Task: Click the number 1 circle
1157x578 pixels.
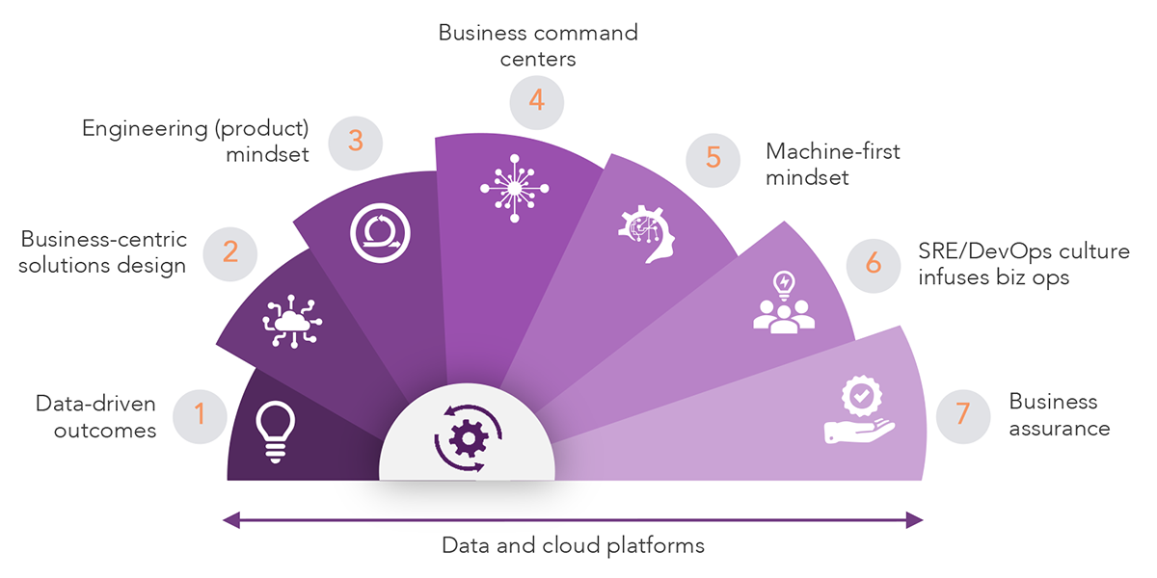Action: pyautogui.click(x=200, y=415)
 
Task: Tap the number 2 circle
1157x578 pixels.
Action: pyautogui.click(x=230, y=251)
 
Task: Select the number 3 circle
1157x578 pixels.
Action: pyautogui.click(x=355, y=142)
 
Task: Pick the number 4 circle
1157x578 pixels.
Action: pyautogui.click(x=537, y=101)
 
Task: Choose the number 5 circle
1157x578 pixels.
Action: pyautogui.click(x=713, y=157)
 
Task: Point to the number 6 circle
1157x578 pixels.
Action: pyautogui.click(x=874, y=263)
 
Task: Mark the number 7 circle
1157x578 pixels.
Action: pyautogui.click(x=962, y=415)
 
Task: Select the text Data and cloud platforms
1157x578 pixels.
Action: pyautogui.click(x=573, y=545)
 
